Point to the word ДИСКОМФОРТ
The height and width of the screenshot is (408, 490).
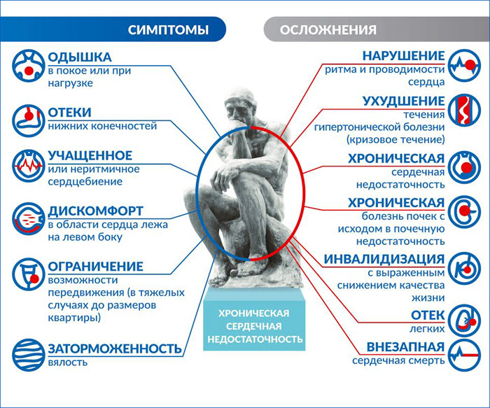(x=95, y=211)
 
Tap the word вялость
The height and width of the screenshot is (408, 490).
(x=68, y=363)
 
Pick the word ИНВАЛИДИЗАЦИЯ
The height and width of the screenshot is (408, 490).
(x=384, y=260)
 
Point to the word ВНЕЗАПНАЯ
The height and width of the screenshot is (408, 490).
(x=405, y=347)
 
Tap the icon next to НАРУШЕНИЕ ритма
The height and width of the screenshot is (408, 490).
(x=464, y=65)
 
